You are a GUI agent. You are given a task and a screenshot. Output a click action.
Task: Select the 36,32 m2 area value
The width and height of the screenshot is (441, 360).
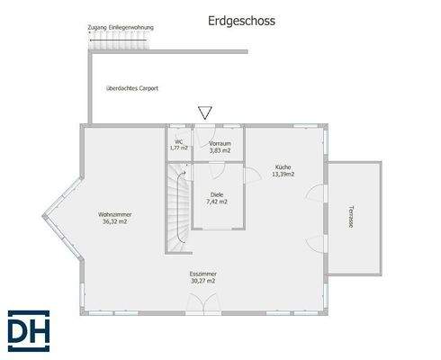point(114,221)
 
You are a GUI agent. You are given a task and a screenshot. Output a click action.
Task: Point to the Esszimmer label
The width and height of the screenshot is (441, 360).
point(203,274)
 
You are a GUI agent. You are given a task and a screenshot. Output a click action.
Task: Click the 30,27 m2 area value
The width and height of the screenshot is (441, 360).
point(203,281)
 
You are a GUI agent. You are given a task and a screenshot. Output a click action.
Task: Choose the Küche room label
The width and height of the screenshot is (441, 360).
point(283,167)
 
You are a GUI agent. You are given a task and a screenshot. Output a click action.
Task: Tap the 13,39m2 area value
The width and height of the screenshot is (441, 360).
point(283,175)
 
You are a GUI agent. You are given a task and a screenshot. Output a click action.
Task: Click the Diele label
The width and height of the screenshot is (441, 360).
point(217,194)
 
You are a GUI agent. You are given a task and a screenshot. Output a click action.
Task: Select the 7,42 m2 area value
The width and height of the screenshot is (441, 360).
point(217,202)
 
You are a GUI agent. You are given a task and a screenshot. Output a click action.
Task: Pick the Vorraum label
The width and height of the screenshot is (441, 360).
point(220,143)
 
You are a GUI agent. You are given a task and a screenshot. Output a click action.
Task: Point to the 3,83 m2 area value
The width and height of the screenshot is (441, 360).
point(220,150)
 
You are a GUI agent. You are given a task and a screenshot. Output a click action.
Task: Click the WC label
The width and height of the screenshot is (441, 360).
point(179,141)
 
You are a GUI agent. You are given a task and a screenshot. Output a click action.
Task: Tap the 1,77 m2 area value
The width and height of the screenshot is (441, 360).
point(179,148)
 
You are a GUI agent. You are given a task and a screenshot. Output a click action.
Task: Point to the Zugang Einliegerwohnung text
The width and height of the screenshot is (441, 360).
point(121,28)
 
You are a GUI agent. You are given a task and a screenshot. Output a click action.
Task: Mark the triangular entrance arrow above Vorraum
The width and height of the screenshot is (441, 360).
point(204,112)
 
